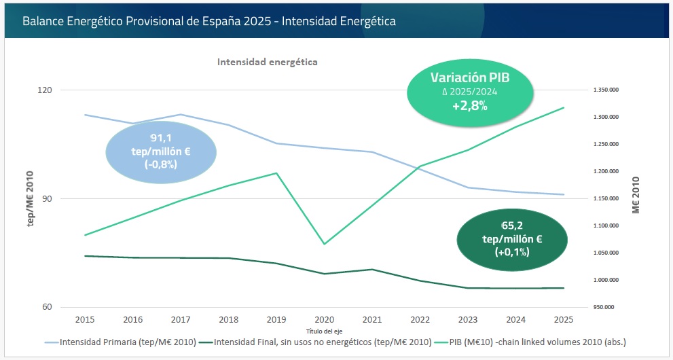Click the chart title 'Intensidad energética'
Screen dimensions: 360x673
[x=268, y=62]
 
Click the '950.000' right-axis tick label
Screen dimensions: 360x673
[x=603, y=307]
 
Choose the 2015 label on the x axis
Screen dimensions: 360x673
[x=85, y=319]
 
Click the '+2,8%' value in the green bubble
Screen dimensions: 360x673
[x=469, y=106]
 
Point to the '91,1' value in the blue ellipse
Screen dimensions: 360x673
[x=161, y=138]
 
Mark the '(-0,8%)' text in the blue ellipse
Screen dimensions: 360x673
[x=161, y=164]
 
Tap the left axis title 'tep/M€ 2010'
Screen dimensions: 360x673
[x=31, y=198]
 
